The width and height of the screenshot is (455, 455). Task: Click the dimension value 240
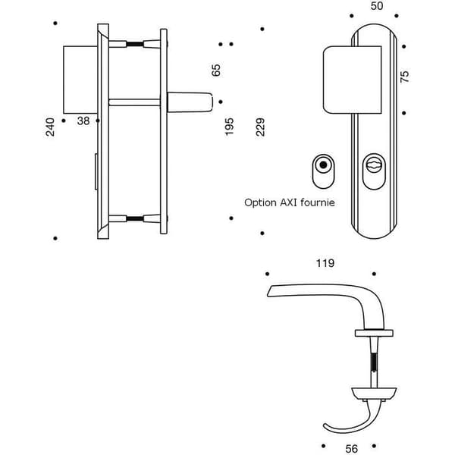(x=50, y=127)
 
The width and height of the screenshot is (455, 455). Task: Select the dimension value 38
(x=83, y=121)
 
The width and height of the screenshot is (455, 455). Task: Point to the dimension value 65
(x=216, y=71)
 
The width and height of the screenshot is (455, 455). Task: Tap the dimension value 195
(x=229, y=127)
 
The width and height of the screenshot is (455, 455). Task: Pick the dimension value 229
(x=260, y=127)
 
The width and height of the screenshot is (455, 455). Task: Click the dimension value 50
(x=377, y=6)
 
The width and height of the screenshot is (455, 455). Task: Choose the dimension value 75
(x=404, y=77)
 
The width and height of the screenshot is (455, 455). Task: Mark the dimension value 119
(x=325, y=263)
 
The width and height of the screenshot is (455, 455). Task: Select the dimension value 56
(x=351, y=449)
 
